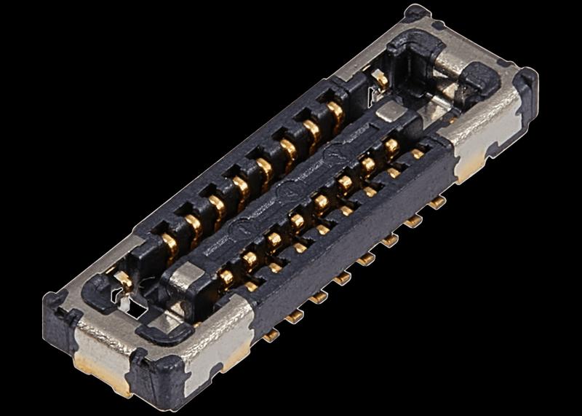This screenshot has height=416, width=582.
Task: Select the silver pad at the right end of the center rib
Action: [391, 110]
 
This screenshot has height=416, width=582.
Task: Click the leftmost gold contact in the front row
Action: [227, 276]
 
